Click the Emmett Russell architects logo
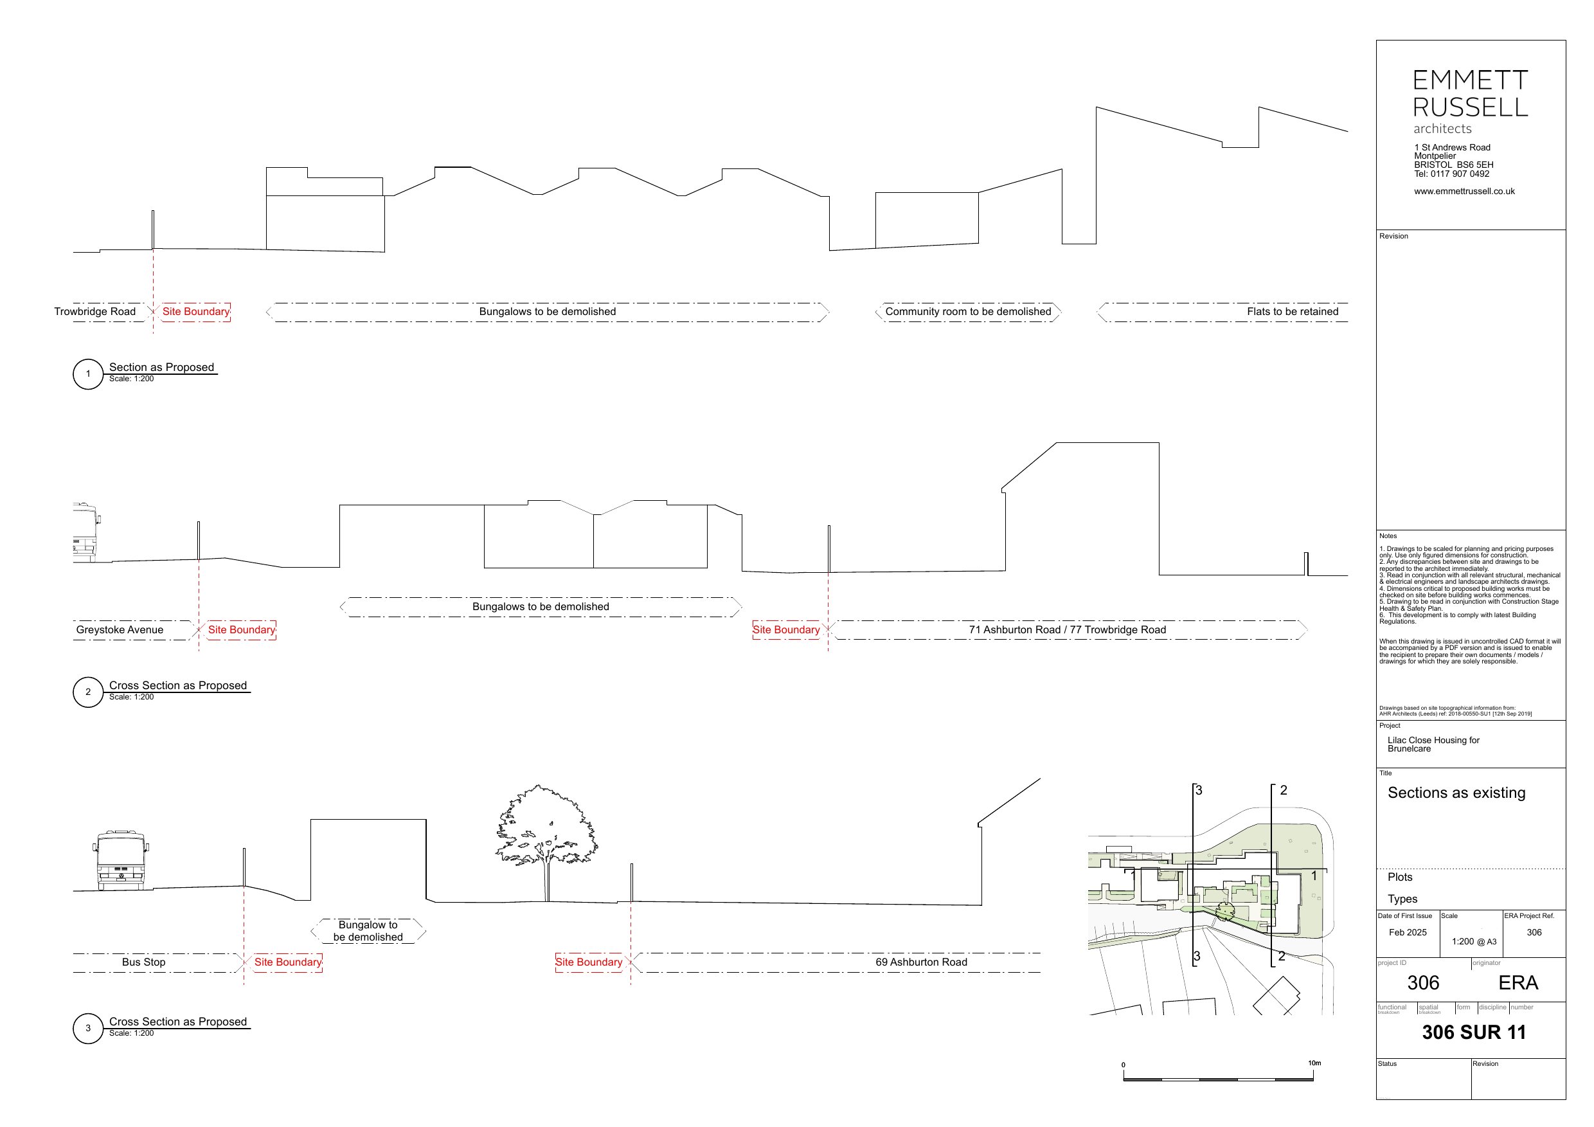point(1471,101)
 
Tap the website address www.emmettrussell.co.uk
point(1464,191)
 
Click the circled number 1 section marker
point(88,374)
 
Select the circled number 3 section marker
point(88,1029)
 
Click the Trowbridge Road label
point(95,312)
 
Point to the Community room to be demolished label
point(968,312)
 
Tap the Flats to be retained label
point(1292,312)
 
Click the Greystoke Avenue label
point(120,630)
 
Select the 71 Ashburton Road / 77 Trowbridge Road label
point(1067,630)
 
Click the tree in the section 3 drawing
point(546,833)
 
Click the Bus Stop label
point(144,962)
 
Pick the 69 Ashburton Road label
point(920,962)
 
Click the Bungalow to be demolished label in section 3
point(368,931)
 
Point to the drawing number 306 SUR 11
point(1474,1032)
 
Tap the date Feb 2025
point(1407,933)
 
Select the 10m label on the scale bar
point(1314,1063)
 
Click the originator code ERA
point(1518,982)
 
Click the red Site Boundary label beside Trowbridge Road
point(196,312)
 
